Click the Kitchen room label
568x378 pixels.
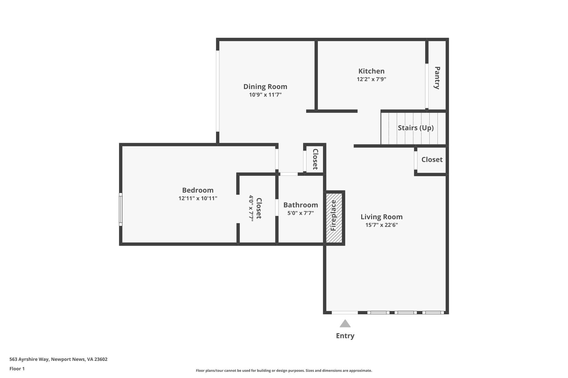pyautogui.click(x=371, y=71)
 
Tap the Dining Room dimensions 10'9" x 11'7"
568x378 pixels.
pyautogui.click(x=265, y=95)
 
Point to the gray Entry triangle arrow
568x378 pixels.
pyautogui.click(x=345, y=323)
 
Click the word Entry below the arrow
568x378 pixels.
pyautogui.click(x=345, y=336)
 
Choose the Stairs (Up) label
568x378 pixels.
pyautogui.click(x=415, y=128)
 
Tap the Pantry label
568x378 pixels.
pyautogui.click(x=437, y=78)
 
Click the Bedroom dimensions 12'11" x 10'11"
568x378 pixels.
pyautogui.click(x=198, y=198)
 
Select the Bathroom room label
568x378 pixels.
pyautogui.click(x=300, y=205)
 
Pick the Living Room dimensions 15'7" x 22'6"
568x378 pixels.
pyautogui.click(x=381, y=225)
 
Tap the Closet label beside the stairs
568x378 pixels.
pyautogui.click(x=432, y=160)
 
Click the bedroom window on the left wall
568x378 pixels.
pyautogui.click(x=121, y=209)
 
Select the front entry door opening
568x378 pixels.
pyautogui.click(x=345, y=313)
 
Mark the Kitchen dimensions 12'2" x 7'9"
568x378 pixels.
pyautogui.click(x=371, y=79)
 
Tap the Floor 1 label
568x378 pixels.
pyautogui.click(x=17, y=369)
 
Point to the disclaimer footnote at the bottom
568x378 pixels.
pyautogui.click(x=284, y=371)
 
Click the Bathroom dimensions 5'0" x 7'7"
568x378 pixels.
pyautogui.click(x=300, y=213)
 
